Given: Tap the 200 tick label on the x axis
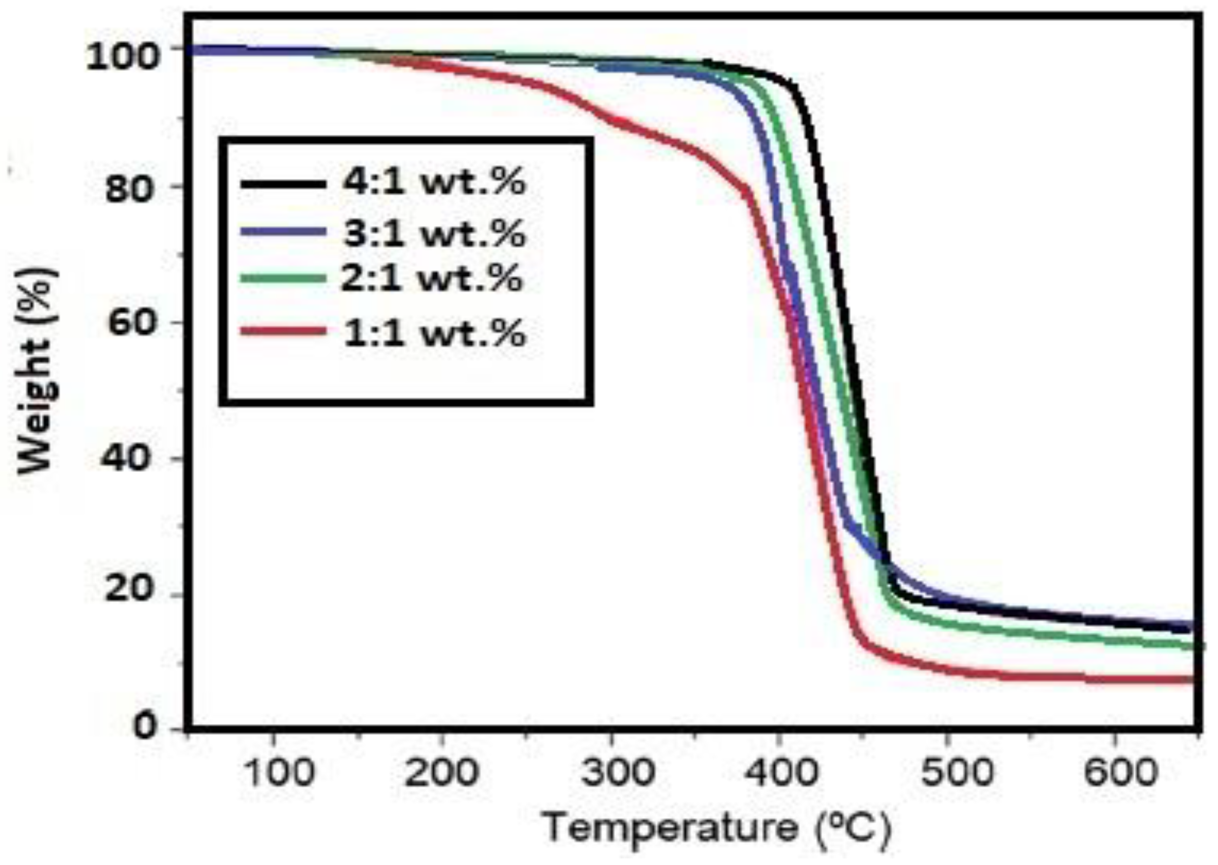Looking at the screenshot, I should [x=440, y=773].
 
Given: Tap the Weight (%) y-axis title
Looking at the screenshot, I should [x=37, y=371].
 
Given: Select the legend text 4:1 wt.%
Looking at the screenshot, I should [x=434, y=183].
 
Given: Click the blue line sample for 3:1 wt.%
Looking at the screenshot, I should [x=283, y=231].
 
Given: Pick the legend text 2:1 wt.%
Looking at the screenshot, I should [x=431, y=279].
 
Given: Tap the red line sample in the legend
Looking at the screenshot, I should [x=283, y=331].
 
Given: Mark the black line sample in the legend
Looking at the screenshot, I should [x=283, y=184].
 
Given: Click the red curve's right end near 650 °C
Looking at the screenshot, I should [x=1190, y=679].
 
